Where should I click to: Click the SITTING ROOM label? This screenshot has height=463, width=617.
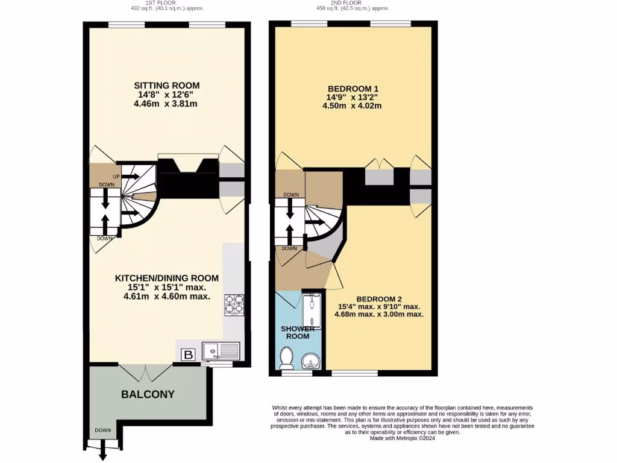[x=167, y=85]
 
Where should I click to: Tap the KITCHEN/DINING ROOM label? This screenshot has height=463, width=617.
[x=167, y=278]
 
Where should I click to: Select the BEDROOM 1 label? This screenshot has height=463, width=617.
[x=353, y=87]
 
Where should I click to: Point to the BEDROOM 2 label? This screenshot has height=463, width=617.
[x=380, y=299]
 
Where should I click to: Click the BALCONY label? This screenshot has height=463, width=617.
[x=148, y=394]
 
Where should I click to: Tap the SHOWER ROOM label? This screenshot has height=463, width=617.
[x=298, y=332]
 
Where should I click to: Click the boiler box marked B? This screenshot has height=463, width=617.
[x=188, y=355]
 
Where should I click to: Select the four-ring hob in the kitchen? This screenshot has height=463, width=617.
[x=234, y=305]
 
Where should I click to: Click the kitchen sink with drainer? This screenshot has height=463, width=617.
[x=221, y=351]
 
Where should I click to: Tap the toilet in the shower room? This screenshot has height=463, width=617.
[x=286, y=360]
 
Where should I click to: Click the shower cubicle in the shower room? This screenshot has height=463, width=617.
[x=312, y=312]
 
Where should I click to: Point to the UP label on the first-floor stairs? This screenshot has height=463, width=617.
[x=116, y=176]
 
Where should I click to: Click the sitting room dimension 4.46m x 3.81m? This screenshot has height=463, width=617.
[x=167, y=103]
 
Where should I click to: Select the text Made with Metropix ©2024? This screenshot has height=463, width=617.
[x=402, y=438]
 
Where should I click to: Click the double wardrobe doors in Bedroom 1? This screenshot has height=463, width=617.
[x=378, y=165]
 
